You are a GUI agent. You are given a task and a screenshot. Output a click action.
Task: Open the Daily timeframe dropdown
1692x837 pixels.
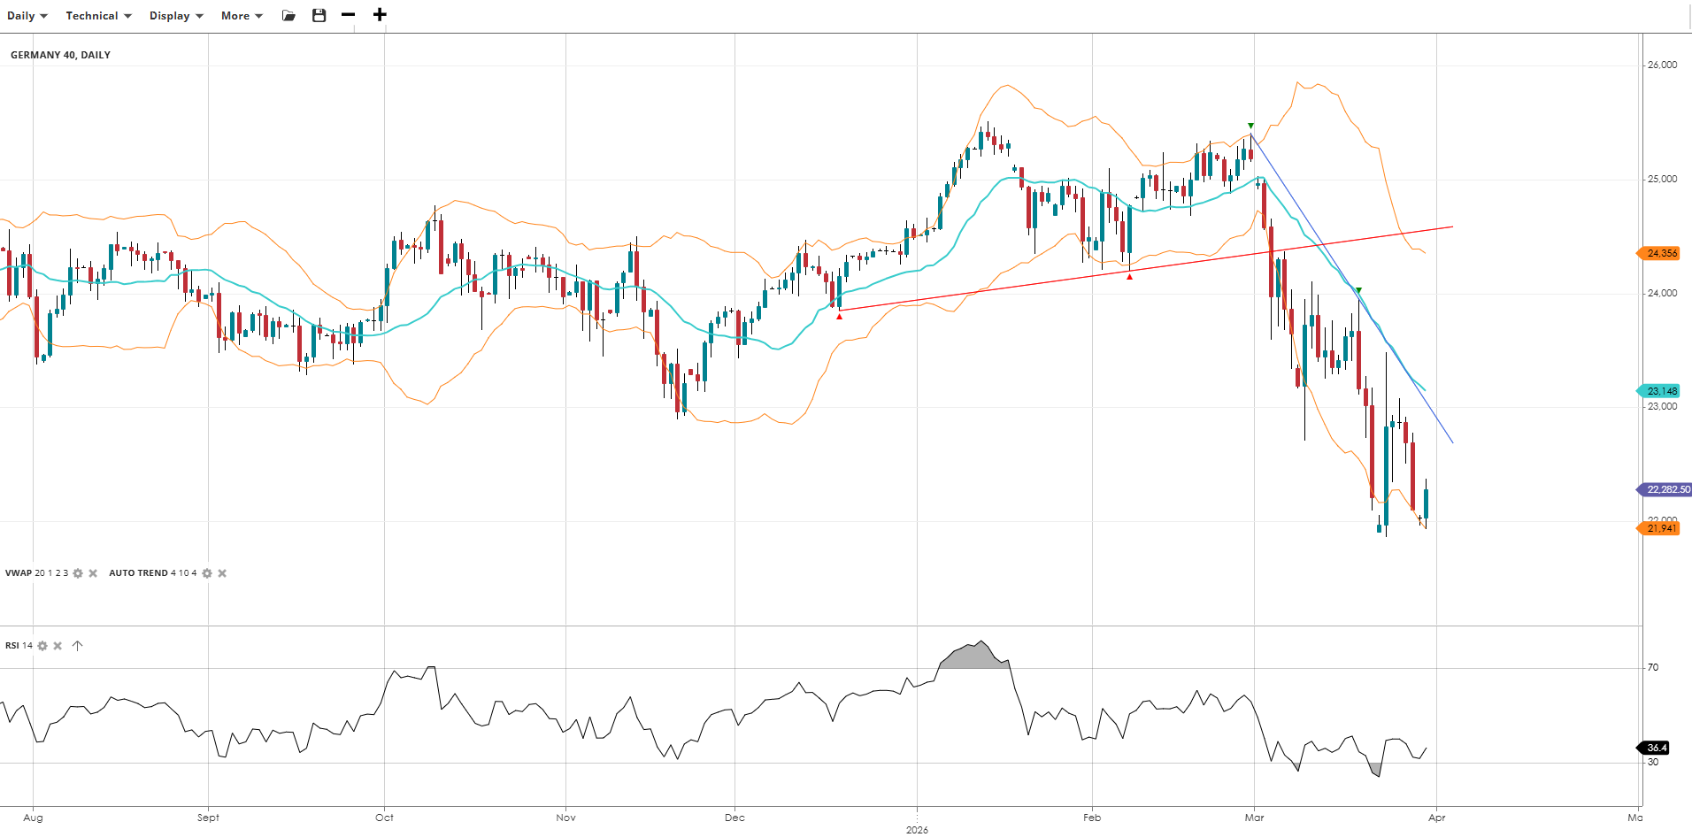click(x=27, y=16)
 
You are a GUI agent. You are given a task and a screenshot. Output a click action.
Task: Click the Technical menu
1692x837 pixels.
click(x=98, y=16)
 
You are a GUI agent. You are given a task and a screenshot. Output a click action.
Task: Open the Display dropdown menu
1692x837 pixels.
click(x=176, y=16)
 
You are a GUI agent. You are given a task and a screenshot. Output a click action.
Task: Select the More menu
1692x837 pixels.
click(x=242, y=16)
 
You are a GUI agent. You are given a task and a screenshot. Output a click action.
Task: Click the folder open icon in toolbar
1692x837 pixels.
click(x=288, y=15)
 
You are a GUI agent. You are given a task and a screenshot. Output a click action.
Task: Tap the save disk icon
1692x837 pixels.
click(x=319, y=15)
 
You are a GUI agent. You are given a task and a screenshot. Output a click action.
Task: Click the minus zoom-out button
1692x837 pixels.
click(x=349, y=15)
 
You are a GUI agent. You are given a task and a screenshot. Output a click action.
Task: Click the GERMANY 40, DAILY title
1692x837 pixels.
click(x=60, y=55)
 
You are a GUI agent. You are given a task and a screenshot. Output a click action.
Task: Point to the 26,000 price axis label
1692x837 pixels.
click(x=1662, y=65)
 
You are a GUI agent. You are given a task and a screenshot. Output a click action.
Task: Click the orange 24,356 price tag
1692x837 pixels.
click(x=1660, y=253)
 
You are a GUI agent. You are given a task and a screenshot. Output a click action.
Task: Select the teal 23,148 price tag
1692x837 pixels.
click(x=1660, y=391)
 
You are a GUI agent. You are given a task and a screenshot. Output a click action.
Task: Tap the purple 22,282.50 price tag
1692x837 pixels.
click(x=1666, y=489)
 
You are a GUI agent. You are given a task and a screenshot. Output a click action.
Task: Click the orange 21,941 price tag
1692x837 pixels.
click(x=1660, y=528)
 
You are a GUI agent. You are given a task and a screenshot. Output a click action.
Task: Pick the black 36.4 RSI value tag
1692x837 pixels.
click(x=1656, y=748)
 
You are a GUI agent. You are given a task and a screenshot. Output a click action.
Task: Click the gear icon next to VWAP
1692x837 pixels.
click(x=78, y=573)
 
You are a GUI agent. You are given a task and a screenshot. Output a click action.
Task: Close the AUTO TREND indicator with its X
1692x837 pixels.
click(x=222, y=573)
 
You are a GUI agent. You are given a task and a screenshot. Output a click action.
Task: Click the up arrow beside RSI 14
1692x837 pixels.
click(x=77, y=646)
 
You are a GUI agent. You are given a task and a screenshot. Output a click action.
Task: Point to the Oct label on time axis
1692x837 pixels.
click(x=384, y=818)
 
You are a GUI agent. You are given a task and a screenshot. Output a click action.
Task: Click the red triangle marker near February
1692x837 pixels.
click(x=1129, y=277)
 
